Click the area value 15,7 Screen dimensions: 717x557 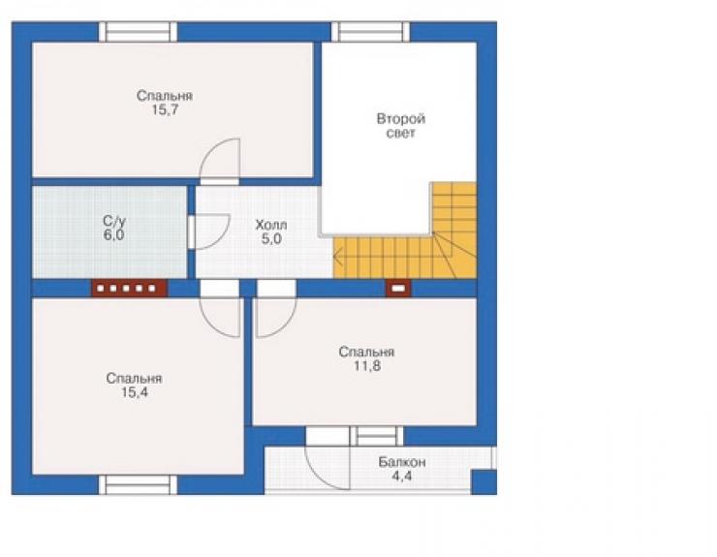point(165,110)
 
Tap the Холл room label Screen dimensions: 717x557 point(271,225)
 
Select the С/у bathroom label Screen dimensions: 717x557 point(114,221)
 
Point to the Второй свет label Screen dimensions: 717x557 point(401,126)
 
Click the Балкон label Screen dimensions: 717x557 point(402,462)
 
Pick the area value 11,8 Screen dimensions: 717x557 point(367,366)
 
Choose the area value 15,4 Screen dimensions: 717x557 point(135,392)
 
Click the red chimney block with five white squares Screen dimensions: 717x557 point(130,289)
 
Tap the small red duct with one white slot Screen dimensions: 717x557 point(399,289)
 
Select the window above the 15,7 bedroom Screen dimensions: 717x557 point(139,32)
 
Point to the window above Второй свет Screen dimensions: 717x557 point(370,32)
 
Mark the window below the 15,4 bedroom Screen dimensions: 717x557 point(139,484)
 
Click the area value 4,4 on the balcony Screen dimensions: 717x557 point(402,476)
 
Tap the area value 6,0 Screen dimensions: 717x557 point(114,235)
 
